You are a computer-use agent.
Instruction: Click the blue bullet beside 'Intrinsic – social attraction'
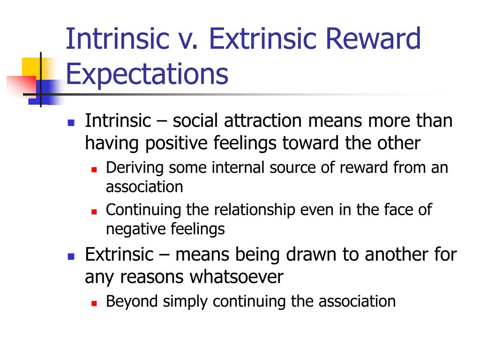[x=71, y=123]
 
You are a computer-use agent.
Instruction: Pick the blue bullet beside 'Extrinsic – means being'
[x=71, y=256]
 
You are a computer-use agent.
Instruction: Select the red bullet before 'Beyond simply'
[x=94, y=303]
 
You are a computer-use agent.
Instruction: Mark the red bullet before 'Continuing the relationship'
[x=94, y=211]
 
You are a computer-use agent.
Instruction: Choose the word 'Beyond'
[x=132, y=301]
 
